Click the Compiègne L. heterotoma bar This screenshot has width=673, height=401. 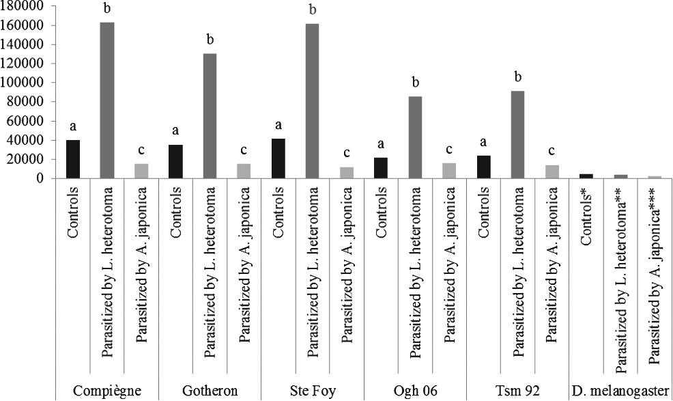107,100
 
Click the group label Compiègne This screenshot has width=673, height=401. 107,391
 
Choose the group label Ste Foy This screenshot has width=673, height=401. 312,391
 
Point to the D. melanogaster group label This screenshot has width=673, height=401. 620,391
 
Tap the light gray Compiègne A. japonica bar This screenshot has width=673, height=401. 141,171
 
